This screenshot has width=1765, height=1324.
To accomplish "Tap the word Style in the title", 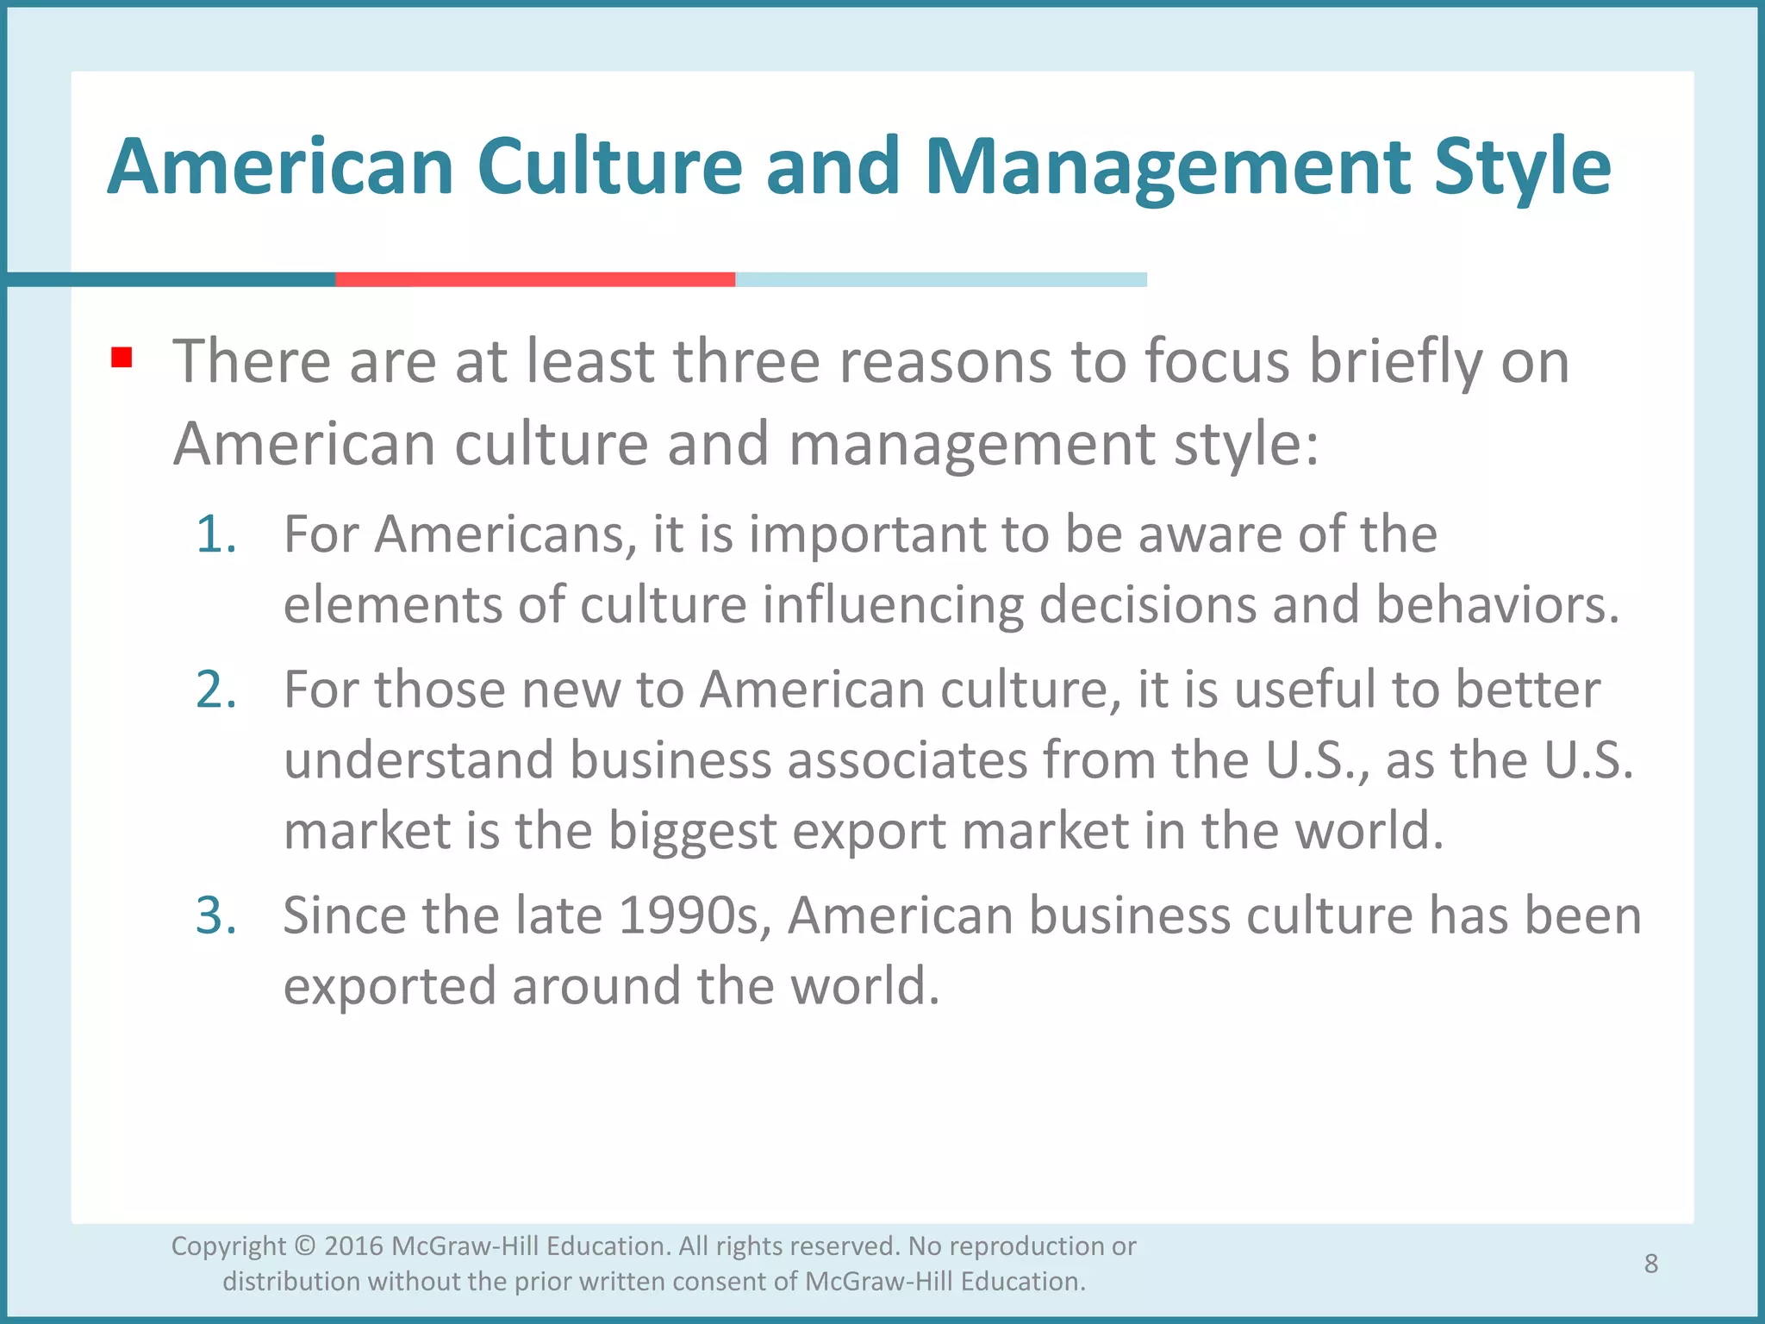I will tap(1522, 168).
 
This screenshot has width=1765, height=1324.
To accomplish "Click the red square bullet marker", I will tap(122, 357).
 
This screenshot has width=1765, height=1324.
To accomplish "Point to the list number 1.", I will tap(215, 534).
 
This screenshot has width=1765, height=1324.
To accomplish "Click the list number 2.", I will tap(216, 690).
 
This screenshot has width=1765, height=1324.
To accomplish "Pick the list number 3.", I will tap(216, 915).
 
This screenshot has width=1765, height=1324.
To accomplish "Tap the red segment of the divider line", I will tap(535, 279).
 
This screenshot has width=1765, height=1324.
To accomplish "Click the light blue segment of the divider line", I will tap(940, 279).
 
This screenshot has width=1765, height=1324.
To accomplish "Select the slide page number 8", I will tap(1650, 1264).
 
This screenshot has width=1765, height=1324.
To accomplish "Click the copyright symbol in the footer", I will tap(305, 1246).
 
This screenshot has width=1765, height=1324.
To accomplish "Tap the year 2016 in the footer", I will tap(353, 1246).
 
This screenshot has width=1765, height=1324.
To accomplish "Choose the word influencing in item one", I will tap(893, 605).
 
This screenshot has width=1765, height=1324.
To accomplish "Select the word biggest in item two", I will tap(693, 831).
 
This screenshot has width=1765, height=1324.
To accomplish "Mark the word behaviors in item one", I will tap(1497, 605).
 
